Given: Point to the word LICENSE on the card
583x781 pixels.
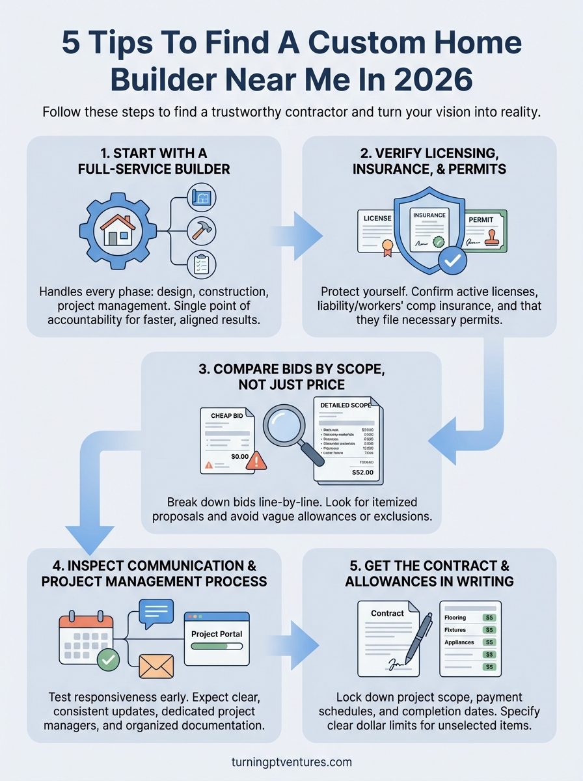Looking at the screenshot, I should point(377,219).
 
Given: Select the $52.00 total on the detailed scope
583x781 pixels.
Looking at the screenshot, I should point(362,472).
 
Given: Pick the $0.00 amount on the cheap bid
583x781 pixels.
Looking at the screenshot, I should point(239,457).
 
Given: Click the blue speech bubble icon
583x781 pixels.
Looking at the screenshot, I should point(156,613).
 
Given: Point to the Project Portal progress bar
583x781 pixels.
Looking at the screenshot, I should point(217,648).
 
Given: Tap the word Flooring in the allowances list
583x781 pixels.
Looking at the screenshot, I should point(455,617).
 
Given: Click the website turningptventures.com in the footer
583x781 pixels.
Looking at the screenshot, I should point(291,761).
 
